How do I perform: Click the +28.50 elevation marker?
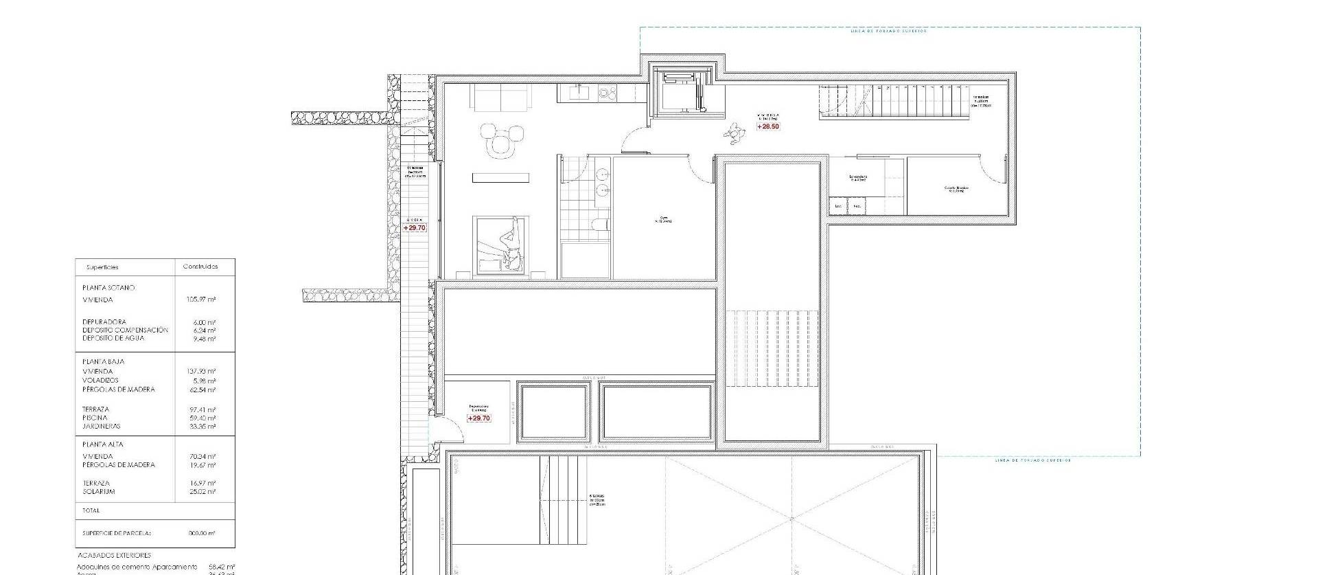click(768, 126)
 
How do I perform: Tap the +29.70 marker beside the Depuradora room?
click(479, 418)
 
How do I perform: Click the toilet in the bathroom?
click(599, 224)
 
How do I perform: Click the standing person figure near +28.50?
click(735, 133)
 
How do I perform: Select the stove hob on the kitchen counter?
click(607, 92)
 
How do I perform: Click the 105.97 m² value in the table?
click(202, 300)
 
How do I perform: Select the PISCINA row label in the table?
click(95, 418)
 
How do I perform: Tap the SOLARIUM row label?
click(99, 492)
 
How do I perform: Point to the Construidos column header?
click(200, 267)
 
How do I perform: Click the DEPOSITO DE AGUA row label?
click(113, 339)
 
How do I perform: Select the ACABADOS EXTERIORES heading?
click(113, 555)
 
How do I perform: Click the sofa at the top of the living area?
click(500, 98)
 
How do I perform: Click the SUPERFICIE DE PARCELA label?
click(116, 533)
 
